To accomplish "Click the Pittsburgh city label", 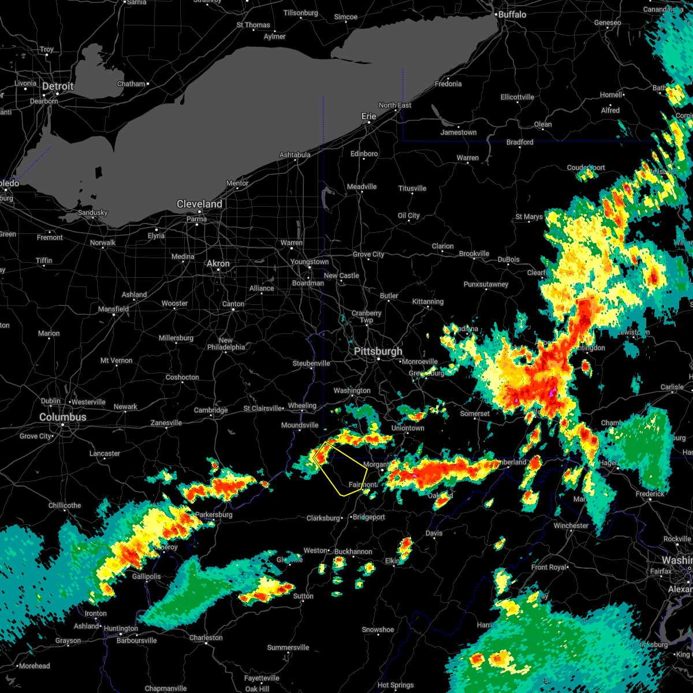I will coord(378,352).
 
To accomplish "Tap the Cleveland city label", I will coord(199,204).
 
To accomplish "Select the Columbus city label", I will coord(63,417).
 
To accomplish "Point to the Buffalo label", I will coord(512,14).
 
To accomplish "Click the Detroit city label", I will coord(58,87).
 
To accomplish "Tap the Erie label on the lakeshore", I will coord(368,116).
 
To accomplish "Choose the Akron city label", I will coord(218,263).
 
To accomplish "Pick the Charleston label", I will coord(206,638).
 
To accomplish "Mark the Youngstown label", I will coord(310,262).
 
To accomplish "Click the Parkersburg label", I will coord(214,515).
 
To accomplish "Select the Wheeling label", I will coord(302,406).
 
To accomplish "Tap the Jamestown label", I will coord(459,132).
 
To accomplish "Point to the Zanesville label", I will coord(166,423).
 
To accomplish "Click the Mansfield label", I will coord(114,309).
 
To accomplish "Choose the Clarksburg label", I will coord(323,518).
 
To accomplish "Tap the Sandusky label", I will coord(92,213).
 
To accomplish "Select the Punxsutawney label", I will coord(486,284).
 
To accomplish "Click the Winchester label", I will coord(571,526).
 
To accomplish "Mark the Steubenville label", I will coord(311,363).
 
